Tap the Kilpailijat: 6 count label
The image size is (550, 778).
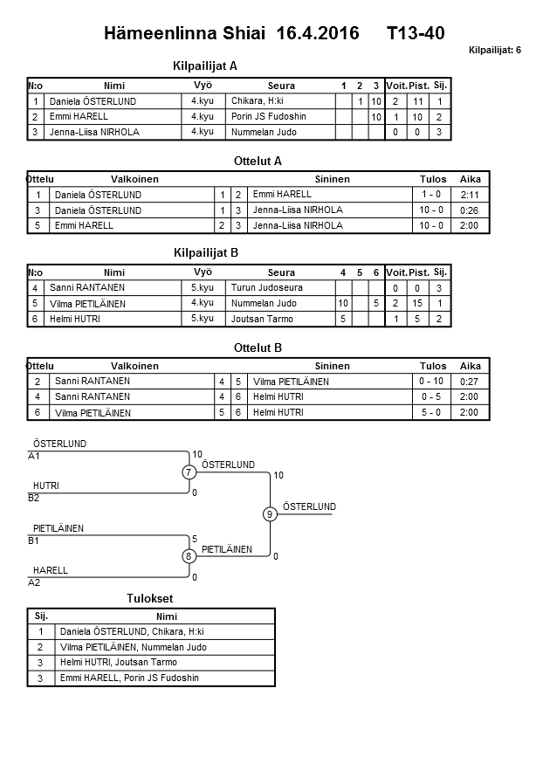coord(494,50)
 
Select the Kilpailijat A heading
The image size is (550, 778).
coord(206,65)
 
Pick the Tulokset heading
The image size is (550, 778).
coord(150,599)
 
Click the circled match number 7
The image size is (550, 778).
coord(189,472)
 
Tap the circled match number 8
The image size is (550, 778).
coord(189,556)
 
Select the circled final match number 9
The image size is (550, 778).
coord(271,514)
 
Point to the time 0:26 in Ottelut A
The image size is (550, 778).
coord(470,210)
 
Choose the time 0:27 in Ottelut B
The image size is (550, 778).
coord(470,382)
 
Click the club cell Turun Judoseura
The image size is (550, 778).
coord(267,287)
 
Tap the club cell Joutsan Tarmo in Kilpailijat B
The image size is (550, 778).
coord(262,319)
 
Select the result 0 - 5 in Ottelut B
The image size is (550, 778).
coord(431,397)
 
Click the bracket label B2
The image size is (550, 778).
coord(34,498)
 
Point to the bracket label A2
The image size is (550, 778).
coord(34,582)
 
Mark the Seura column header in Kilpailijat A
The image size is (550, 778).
coord(281,86)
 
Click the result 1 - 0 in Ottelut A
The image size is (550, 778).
coord(431,195)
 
